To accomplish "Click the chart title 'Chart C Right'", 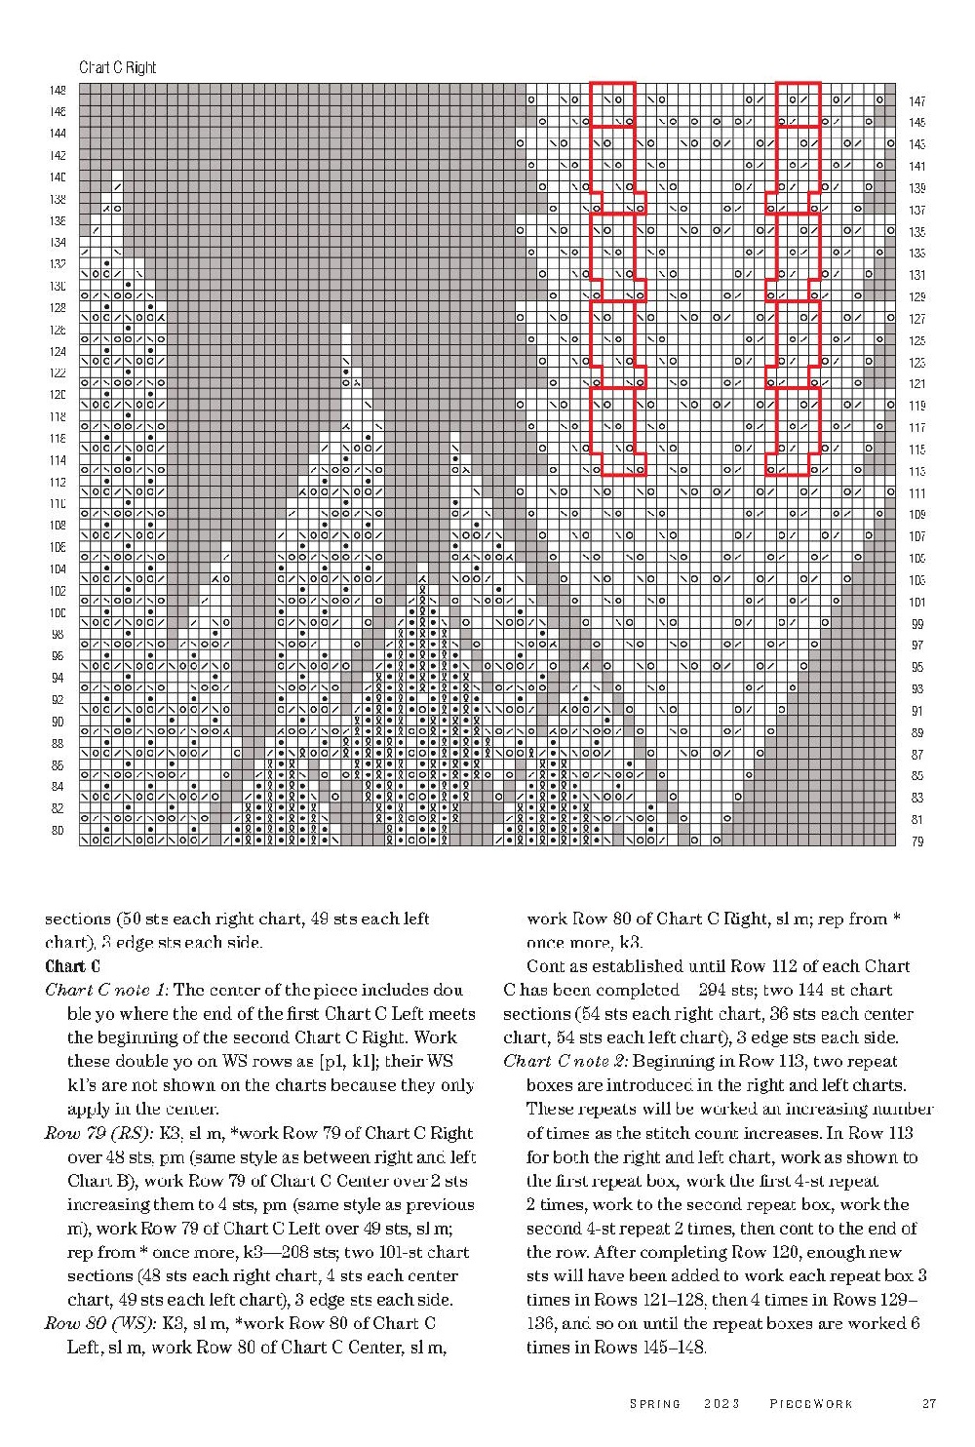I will coord(117,67).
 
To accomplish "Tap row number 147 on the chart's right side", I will coord(916,101).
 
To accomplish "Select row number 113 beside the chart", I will coord(916,472).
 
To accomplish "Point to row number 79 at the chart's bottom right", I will coord(916,841).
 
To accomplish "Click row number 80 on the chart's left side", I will coord(58,831).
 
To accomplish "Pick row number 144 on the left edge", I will coord(58,134).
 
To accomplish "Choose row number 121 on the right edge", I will coord(916,384).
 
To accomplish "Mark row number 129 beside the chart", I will coord(916,297).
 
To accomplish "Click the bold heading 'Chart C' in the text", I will coord(72,967).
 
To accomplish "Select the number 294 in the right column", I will coord(702,991).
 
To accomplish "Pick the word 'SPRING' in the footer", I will coord(655,1404).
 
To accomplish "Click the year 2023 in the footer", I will coord(721,1404).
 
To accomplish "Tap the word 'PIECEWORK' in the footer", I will coord(811,1404).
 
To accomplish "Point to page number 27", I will coord(928,1404).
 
